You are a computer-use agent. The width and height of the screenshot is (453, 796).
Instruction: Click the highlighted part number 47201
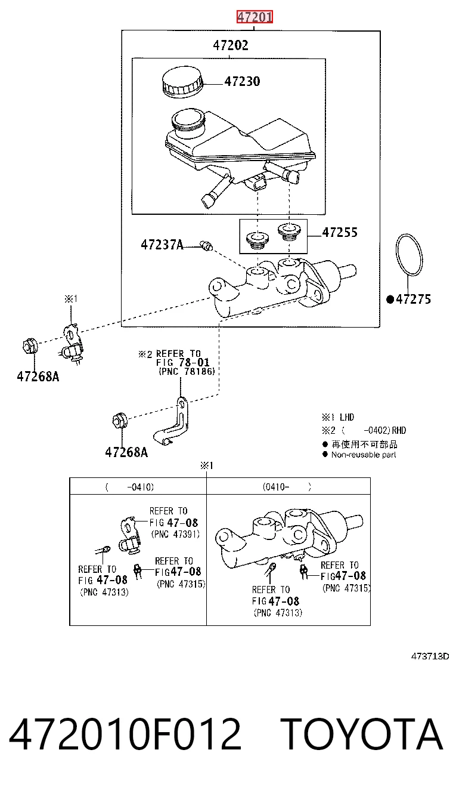[x=255, y=17]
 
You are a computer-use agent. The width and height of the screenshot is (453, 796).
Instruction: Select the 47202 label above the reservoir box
[x=231, y=45]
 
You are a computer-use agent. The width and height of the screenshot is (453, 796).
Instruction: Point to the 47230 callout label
[x=242, y=81]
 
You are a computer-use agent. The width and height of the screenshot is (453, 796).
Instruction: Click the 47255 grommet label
[x=340, y=232]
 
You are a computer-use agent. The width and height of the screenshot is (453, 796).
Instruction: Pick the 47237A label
[x=162, y=245]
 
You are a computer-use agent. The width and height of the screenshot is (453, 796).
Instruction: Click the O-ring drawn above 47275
[x=409, y=254]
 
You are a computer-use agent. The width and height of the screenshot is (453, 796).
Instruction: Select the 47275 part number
[x=413, y=299]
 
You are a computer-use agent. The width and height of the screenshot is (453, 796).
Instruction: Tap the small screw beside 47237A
[x=206, y=245]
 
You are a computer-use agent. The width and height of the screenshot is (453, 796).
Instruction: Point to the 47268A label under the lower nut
[x=126, y=452]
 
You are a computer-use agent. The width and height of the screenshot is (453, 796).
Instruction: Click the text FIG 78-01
[x=183, y=362]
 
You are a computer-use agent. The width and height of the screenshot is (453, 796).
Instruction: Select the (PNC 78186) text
[x=187, y=371]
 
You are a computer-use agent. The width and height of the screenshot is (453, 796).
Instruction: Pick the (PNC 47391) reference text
[x=175, y=534]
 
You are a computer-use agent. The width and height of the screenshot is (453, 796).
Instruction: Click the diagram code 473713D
[x=430, y=656]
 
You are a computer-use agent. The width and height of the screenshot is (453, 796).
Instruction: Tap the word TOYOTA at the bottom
[x=362, y=734]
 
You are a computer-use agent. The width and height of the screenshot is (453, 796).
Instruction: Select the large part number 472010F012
[x=125, y=734]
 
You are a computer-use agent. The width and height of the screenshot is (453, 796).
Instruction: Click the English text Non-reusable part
[x=364, y=455]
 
